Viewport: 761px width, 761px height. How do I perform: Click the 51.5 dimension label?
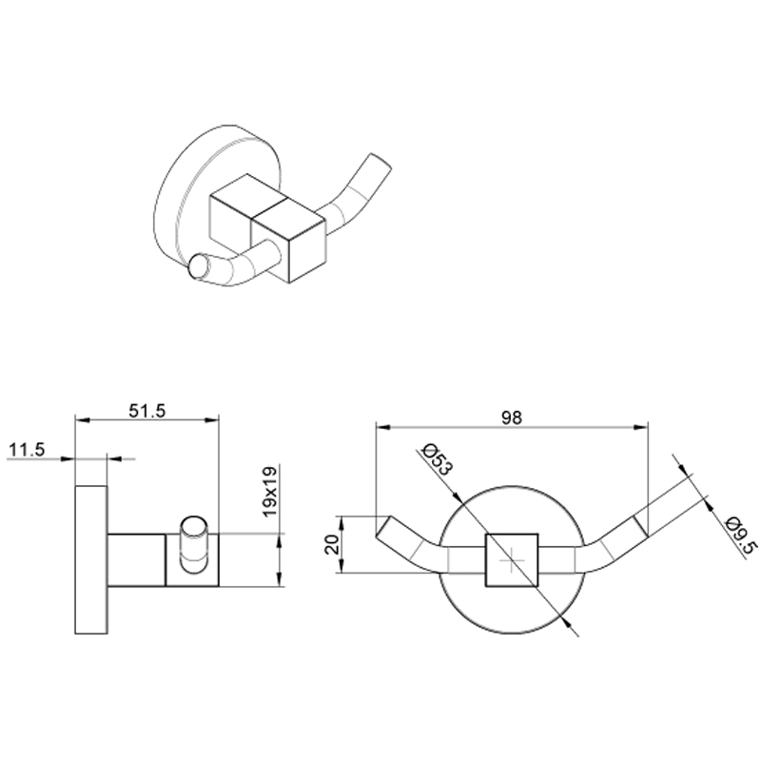tap(147, 411)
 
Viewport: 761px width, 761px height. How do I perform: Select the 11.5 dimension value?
tap(27, 450)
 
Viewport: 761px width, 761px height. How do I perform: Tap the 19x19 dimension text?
tap(270, 491)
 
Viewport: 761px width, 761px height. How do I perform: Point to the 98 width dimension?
tap(512, 418)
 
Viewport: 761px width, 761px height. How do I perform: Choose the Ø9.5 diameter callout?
tap(740, 537)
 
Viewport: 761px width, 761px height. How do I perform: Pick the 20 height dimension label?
tap(332, 544)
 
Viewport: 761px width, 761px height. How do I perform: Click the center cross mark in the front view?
tap(512, 560)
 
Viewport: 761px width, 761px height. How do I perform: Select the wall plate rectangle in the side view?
tap(91, 559)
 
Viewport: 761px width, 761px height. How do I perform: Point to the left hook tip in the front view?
tap(383, 526)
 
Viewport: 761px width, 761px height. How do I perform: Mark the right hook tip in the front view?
tap(640, 526)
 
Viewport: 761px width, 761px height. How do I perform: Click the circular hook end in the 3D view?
tap(199, 266)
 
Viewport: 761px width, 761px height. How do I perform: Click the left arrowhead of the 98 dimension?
tap(383, 427)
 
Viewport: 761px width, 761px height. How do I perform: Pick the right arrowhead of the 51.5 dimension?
tap(211, 420)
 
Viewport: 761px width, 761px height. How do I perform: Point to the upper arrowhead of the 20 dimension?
tap(341, 523)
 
